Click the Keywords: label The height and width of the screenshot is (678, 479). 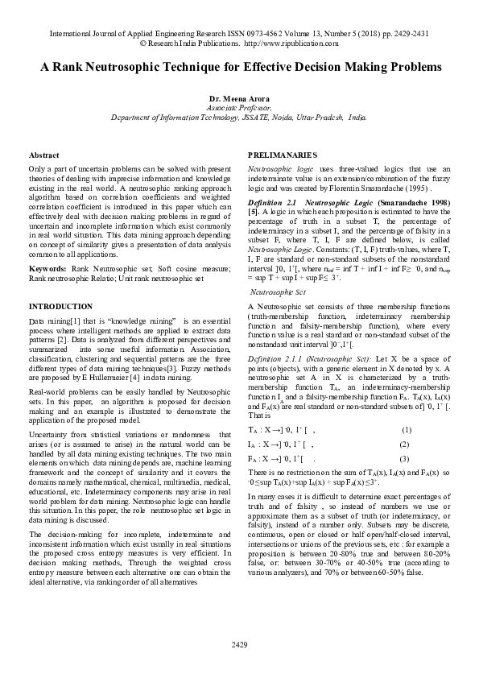tap(47, 267)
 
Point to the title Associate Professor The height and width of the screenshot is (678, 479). tap(239, 107)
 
